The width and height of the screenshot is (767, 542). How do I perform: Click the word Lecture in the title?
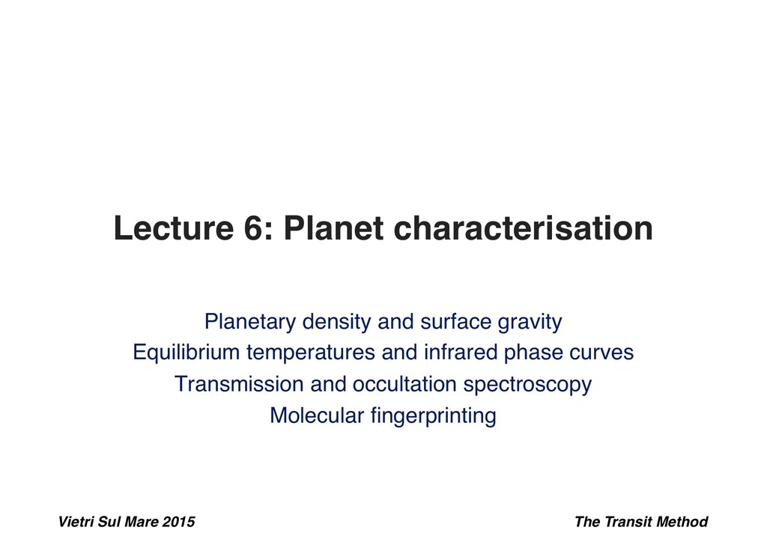(x=174, y=228)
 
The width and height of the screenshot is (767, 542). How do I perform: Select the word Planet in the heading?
(x=333, y=228)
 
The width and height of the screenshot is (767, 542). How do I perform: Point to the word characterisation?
(x=524, y=228)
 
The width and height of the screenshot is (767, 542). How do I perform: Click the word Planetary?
(x=250, y=323)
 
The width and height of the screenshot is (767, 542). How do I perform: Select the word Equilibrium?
(x=187, y=353)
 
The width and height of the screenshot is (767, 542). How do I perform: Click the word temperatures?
(x=311, y=353)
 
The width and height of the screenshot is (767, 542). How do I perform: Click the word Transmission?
(x=239, y=384)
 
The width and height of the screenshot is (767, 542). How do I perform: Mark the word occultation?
(x=404, y=384)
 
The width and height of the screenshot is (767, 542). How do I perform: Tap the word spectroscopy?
(x=528, y=385)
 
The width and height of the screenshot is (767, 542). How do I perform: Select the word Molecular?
(x=317, y=415)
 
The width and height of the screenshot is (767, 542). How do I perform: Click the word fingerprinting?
(x=434, y=416)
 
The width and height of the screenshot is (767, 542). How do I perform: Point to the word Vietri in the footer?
(x=76, y=522)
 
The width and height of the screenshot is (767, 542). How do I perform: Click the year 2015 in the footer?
(x=178, y=522)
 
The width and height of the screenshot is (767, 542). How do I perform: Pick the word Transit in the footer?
(x=628, y=522)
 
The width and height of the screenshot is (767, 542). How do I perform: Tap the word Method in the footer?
(x=682, y=522)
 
